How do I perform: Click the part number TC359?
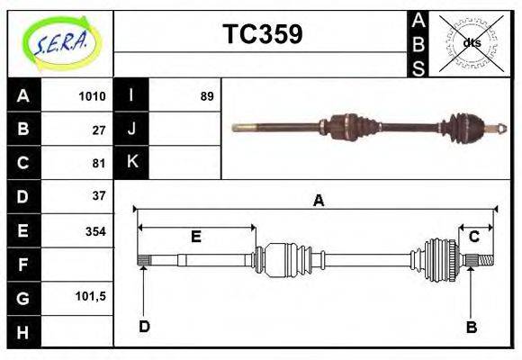tap(262, 34)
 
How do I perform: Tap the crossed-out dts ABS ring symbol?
tap(471, 43)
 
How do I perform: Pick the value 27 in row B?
tap(99, 130)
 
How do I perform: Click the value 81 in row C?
tap(99, 164)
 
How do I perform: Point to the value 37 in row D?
tap(99, 196)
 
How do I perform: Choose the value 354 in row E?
tap(94, 231)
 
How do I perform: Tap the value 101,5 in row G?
tap(92, 296)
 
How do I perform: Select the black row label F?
tap(23, 265)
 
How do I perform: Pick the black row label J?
tap(132, 130)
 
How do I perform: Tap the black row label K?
tap(132, 163)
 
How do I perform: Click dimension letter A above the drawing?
tap(318, 201)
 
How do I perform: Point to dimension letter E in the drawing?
tap(196, 237)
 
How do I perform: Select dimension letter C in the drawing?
tap(473, 237)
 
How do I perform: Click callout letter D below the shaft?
tap(144, 326)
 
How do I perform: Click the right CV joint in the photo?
tap(469, 128)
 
